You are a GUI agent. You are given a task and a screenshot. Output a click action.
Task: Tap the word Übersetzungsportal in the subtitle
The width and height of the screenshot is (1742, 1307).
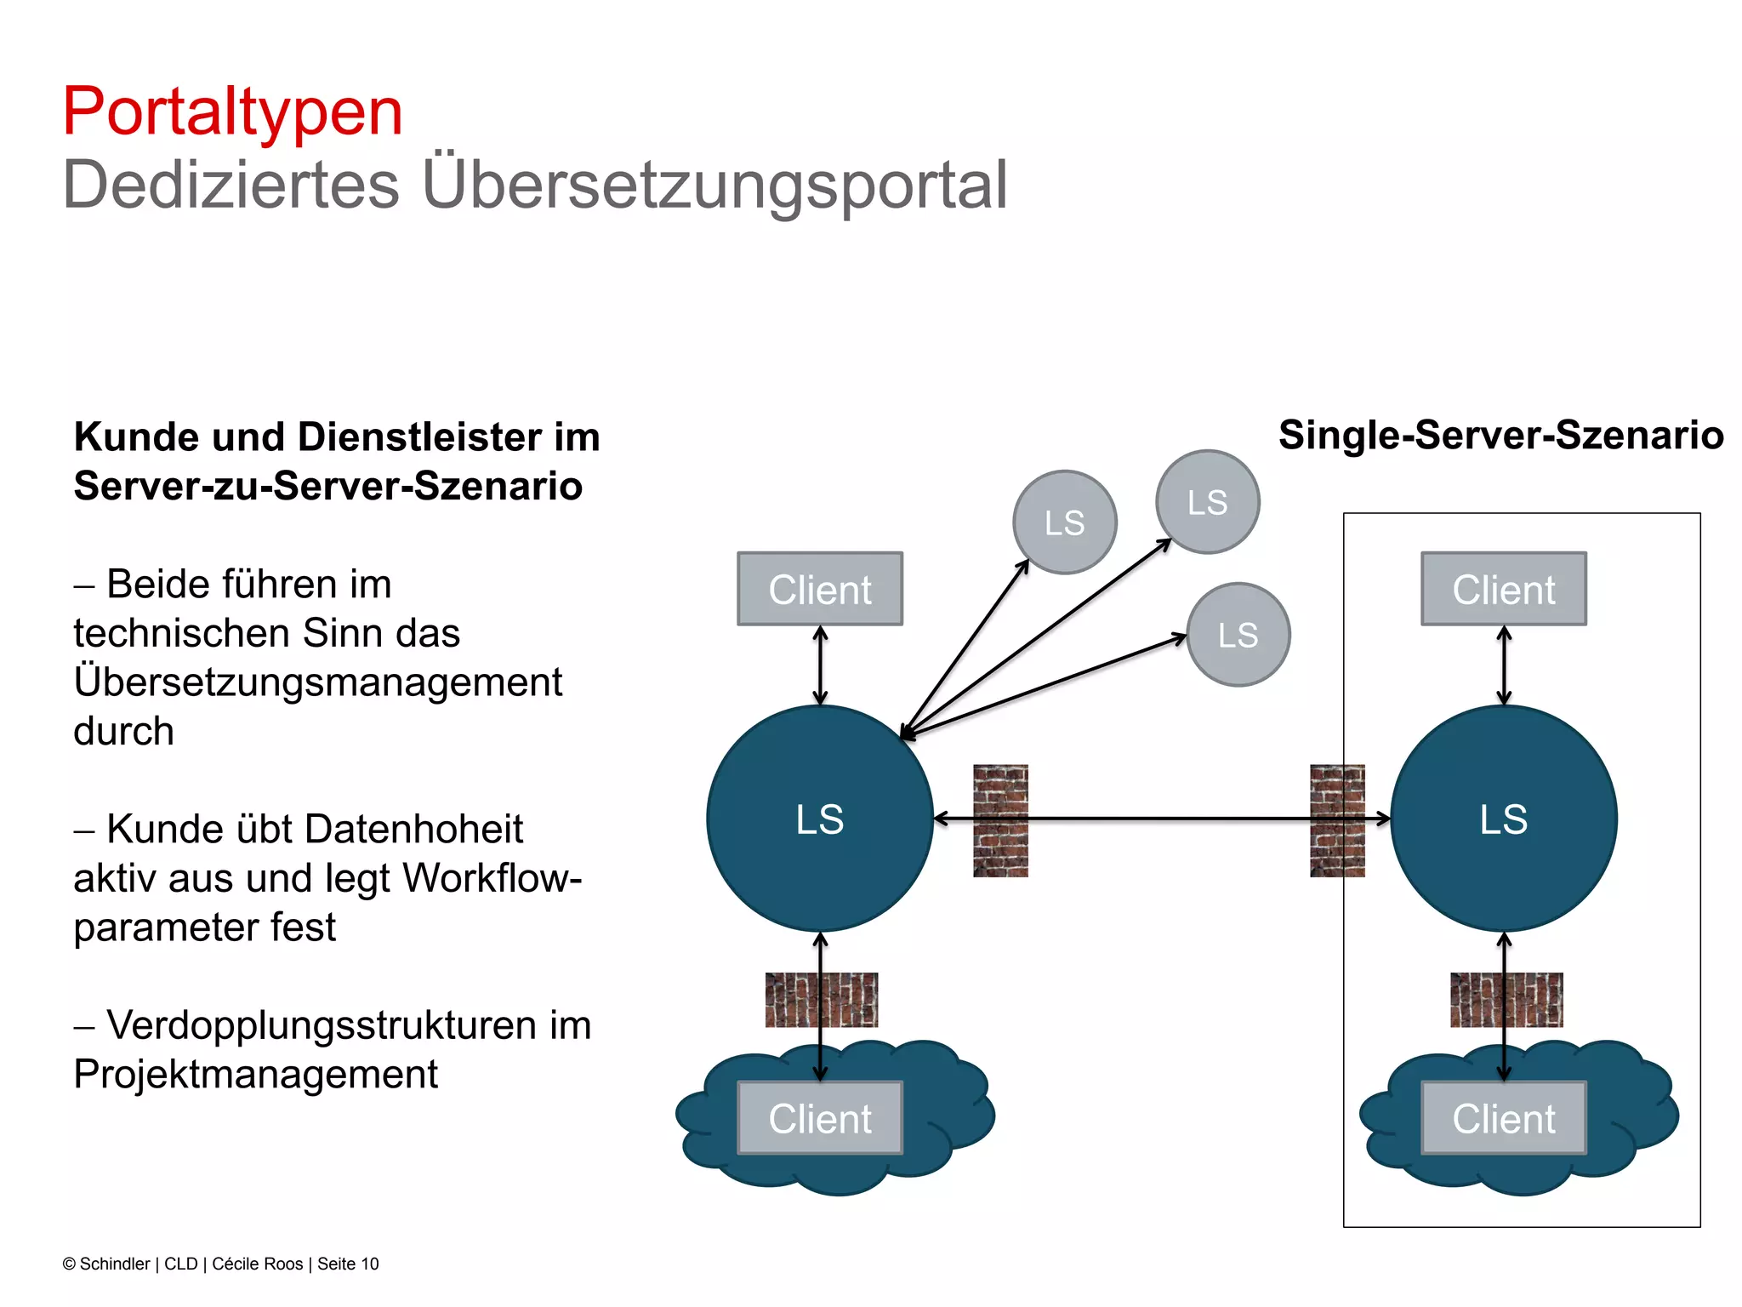coord(714,185)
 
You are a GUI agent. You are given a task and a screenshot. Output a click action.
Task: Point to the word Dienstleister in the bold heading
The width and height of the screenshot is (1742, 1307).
coord(419,437)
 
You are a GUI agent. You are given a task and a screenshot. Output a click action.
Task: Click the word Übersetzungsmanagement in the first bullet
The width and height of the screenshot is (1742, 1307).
coord(318,682)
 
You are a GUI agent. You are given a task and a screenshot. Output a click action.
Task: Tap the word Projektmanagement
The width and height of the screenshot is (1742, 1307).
coord(255,1075)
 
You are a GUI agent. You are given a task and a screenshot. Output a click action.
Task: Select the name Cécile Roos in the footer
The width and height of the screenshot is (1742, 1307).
coord(257,1264)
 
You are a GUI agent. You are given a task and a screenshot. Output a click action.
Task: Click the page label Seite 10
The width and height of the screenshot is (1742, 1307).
coord(348,1264)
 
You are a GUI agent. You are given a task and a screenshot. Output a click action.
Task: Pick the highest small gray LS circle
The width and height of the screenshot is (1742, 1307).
coord(1207,502)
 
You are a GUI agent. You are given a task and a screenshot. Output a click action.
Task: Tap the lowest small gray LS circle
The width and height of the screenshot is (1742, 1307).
coord(1238,635)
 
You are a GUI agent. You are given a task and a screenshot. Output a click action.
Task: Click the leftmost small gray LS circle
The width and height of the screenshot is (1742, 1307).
coord(1064,522)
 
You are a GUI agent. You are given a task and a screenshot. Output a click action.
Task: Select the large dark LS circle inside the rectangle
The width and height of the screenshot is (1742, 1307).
coord(1503,819)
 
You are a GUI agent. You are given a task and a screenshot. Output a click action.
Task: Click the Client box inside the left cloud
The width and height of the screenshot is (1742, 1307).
coord(820,1118)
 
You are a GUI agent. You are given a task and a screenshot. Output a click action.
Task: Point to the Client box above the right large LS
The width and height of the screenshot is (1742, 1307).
coord(1503,589)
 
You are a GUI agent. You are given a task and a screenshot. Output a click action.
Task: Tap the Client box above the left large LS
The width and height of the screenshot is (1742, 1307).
coord(820,589)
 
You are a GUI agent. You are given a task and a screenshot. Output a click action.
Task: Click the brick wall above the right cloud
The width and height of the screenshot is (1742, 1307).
coord(1506,1000)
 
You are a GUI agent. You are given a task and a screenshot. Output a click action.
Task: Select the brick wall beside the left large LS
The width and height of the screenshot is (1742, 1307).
coord(1000,821)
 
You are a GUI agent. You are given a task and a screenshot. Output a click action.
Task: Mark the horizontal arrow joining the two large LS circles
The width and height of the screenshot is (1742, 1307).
coord(1165,819)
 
